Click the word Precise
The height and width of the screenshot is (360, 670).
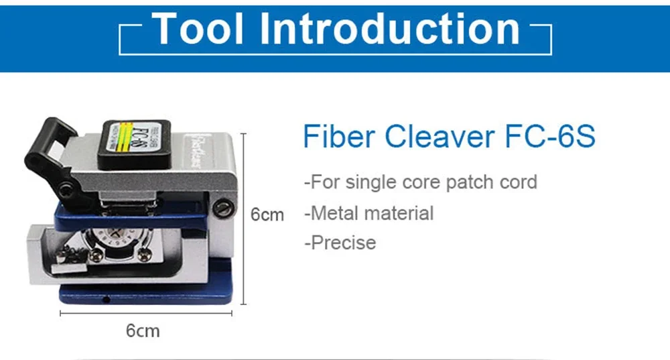342,242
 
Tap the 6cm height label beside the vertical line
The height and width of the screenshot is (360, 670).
267,215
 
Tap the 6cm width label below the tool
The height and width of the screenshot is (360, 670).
143,330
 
